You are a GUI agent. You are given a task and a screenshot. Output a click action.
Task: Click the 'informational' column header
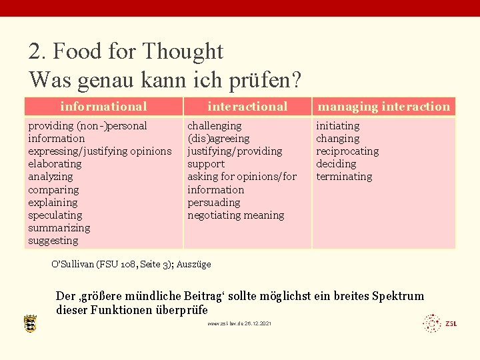103,107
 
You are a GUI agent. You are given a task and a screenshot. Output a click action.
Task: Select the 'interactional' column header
247,107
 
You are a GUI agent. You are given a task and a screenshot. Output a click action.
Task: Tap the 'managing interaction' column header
384,107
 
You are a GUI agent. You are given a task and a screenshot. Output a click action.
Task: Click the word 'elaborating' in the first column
55,164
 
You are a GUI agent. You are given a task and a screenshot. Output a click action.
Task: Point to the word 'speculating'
55,215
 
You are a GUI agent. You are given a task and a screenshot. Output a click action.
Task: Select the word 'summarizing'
59,228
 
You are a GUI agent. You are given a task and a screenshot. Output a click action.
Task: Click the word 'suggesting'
53,241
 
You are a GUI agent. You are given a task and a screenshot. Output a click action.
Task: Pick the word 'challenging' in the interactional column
215,126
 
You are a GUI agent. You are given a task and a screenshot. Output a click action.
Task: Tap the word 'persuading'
214,203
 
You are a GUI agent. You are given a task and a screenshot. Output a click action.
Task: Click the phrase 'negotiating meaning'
236,215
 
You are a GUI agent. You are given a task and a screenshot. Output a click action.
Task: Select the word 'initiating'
338,126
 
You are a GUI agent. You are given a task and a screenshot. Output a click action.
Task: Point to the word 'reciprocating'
347,151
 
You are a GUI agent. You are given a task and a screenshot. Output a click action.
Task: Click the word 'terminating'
344,177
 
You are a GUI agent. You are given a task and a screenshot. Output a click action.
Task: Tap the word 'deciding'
336,164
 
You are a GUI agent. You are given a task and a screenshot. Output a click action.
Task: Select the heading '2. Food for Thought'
126,51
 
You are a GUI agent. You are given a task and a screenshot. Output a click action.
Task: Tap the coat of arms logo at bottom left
31,324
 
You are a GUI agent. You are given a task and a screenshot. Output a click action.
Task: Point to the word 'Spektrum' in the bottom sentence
398,296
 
